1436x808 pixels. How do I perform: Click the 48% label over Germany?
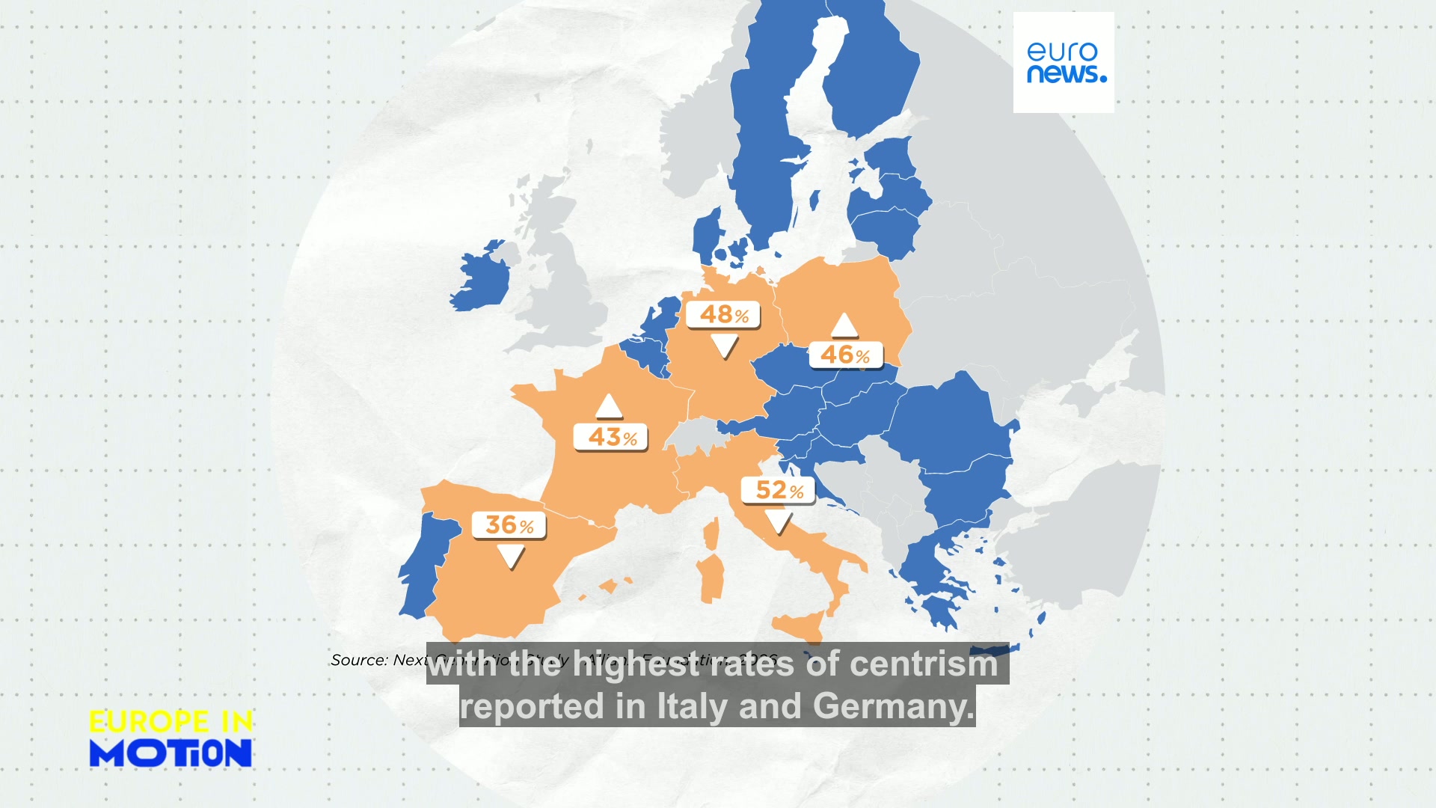[x=723, y=315]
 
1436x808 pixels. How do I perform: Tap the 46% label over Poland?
[x=846, y=355]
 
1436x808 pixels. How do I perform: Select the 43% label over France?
[x=611, y=437]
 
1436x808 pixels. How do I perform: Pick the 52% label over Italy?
[x=779, y=491]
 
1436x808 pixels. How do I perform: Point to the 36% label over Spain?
[x=509, y=525]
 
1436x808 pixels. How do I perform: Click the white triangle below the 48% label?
[x=724, y=345]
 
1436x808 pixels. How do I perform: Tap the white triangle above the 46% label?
[x=844, y=325]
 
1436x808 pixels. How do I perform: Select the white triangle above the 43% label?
[x=609, y=406]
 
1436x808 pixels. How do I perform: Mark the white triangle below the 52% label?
[x=779, y=521]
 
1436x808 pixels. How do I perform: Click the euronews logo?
[x=1064, y=63]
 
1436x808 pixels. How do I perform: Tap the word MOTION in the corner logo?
[x=171, y=753]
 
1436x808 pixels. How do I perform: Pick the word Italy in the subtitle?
[x=693, y=706]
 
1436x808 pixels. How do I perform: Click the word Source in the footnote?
[x=359, y=661]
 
